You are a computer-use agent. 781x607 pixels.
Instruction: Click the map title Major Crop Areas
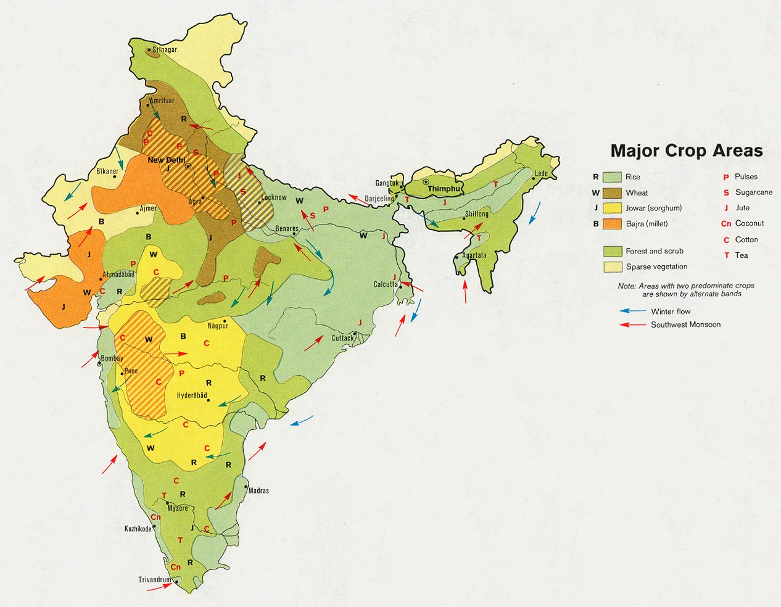coord(686,151)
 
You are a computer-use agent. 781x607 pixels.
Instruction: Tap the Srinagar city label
coord(165,49)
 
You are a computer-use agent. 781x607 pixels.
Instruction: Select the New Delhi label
coord(166,160)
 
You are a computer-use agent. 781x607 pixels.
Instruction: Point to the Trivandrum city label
coord(154,580)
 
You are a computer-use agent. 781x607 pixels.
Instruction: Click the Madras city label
coord(258,491)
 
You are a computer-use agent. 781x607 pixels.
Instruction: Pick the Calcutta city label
coord(386,284)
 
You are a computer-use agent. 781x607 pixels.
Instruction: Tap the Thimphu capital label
coord(444,189)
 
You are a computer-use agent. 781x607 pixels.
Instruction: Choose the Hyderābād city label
coord(192,395)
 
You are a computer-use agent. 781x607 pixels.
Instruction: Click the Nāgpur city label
coord(218,326)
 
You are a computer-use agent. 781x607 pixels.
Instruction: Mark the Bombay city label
coord(112,358)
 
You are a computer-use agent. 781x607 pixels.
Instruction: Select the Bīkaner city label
coord(107,171)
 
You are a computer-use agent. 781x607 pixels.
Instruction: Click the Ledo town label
coord(541,174)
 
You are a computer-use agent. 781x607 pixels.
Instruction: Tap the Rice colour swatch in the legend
coord(612,177)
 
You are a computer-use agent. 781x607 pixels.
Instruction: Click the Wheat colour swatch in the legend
coord(612,192)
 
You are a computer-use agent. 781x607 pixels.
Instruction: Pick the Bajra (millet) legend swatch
coord(612,224)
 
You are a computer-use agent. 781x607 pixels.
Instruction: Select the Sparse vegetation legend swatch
coord(612,266)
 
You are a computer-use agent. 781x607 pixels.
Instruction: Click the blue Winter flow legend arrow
coord(633,312)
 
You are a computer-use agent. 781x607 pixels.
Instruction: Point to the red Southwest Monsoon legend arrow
coord(633,324)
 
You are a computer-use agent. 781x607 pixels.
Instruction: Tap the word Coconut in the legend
coord(750,223)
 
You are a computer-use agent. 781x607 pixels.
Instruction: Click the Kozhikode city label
coord(138,529)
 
